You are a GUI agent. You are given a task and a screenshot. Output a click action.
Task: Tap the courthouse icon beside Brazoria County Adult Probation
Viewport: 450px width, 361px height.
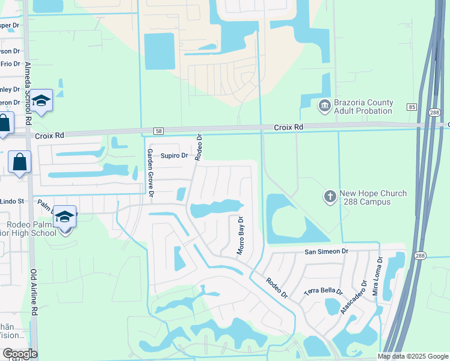(324, 106)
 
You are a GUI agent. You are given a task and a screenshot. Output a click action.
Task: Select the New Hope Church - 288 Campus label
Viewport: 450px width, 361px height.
(372, 197)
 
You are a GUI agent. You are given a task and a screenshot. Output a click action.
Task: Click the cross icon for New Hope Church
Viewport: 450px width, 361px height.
(329, 197)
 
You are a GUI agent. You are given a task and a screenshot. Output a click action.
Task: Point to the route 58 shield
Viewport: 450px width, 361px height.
(158, 131)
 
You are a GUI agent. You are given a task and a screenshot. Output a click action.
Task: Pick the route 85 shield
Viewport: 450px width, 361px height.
(411, 106)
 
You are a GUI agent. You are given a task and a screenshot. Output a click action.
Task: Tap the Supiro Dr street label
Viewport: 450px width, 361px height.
(174, 156)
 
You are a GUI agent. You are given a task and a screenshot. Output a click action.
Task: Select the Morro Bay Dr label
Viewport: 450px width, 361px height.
(239, 236)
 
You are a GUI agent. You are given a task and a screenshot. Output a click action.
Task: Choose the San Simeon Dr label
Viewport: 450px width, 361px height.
(327, 251)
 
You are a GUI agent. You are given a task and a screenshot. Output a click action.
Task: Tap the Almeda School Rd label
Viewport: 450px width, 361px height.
(28, 87)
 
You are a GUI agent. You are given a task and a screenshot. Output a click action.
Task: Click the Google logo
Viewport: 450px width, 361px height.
(20, 354)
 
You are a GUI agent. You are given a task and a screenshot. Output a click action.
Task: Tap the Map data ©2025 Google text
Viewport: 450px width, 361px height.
(413, 356)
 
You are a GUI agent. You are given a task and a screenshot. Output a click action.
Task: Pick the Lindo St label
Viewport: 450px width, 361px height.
(11, 201)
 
